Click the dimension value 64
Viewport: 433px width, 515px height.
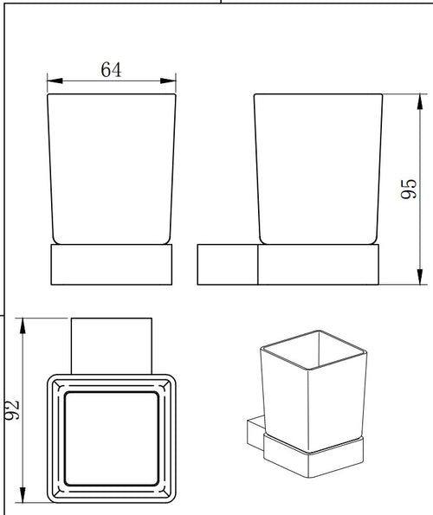click(111, 69)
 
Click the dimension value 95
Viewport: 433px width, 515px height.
click(409, 189)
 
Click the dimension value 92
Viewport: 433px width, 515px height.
click(12, 410)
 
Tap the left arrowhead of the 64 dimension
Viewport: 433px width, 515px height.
click(55, 80)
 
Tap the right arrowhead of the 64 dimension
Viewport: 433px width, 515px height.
click(168, 80)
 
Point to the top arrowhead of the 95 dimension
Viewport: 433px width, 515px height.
click(419, 102)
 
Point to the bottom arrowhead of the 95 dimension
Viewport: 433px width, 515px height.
click(419, 277)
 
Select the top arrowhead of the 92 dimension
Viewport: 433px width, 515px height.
click(23, 325)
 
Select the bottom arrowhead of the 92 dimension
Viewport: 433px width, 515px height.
click(23, 494)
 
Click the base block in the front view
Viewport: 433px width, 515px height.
click(112, 264)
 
